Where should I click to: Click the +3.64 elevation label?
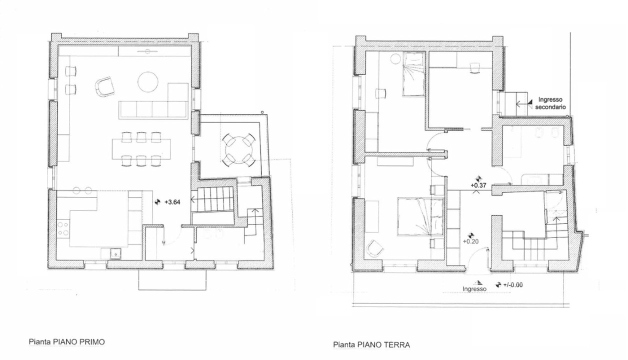(x=172, y=202)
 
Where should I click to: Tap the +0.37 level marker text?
(x=478, y=185)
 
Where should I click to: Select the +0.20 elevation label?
(x=470, y=241)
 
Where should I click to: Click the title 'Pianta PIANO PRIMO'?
(x=66, y=342)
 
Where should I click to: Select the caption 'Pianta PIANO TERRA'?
(x=371, y=344)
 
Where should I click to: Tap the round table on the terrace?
(x=237, y=147)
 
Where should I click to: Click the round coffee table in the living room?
(x=148, y=82)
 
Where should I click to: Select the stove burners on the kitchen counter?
(x=63, y=229)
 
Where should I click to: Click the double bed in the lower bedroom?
(x=419, y=216)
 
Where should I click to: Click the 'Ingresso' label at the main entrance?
(x=474, y=289)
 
